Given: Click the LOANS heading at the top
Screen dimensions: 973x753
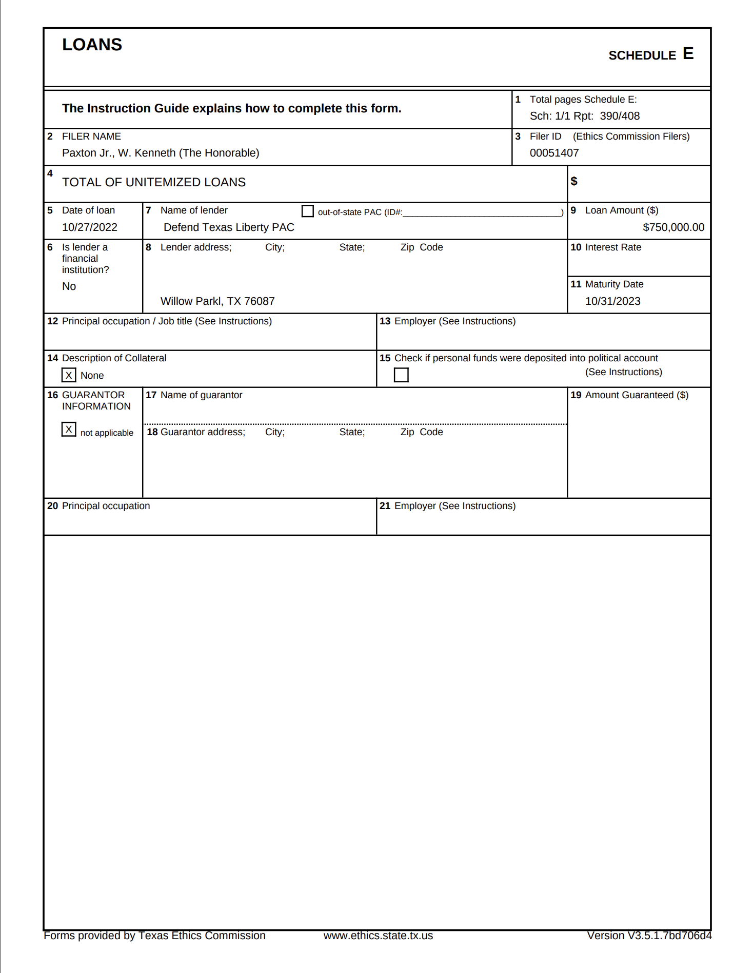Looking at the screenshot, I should (92, 45).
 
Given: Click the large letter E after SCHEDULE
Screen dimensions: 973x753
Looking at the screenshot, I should (688, 54).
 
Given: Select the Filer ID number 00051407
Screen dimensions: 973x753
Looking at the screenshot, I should (554, 153).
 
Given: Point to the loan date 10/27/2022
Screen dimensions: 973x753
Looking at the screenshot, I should (89, 227).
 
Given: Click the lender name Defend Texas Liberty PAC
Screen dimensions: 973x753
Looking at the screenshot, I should (229, 227).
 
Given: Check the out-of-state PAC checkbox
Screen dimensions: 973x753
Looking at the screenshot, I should (308, 211).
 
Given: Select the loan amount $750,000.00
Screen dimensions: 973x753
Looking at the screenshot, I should (673, 227).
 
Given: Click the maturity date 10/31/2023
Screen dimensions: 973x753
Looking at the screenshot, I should (612, 301).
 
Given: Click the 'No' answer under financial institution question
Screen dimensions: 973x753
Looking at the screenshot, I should (69, 286).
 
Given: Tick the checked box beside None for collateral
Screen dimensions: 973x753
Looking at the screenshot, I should (69, 375).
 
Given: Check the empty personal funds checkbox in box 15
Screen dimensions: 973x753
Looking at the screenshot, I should (401, 375).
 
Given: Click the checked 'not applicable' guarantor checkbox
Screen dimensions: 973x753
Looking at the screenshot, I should (69, 429).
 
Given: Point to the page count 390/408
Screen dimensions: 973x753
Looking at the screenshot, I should (620, 116).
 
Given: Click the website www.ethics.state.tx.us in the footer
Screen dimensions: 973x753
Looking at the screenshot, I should (378, 936).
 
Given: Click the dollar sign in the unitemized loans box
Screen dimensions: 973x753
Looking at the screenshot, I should (574, 181).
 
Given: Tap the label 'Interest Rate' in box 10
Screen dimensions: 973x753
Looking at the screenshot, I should (613, 247).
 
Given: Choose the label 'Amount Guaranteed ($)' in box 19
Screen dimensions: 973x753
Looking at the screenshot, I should (637, 395).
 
